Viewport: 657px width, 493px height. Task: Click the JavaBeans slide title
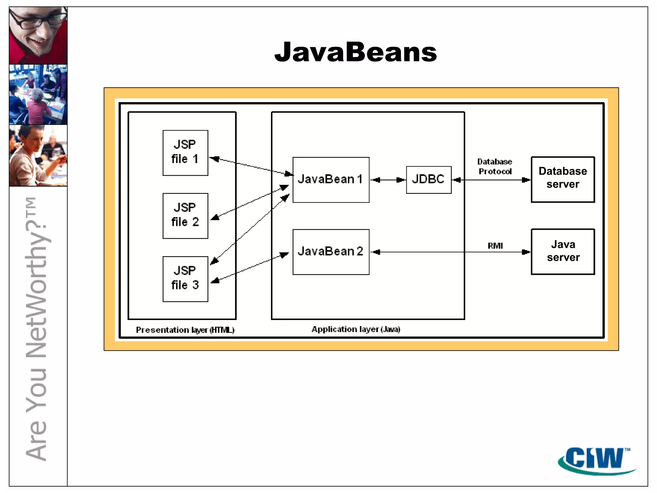(355, 52)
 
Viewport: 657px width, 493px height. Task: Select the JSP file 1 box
(185, 152)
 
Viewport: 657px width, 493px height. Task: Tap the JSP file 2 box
(185, 215)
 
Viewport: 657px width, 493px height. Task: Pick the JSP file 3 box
(185, 279)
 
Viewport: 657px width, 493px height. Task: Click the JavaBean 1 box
(331, 179)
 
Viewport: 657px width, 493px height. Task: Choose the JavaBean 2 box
(331, 252)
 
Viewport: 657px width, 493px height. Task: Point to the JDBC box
(429, 179)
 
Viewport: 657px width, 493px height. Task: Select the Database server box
(563, 179)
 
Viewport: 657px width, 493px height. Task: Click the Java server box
(563, 251)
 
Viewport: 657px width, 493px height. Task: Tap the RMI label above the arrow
(495, 246)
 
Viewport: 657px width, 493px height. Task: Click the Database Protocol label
(495, 167)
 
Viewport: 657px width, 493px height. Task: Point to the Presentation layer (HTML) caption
(185, 330)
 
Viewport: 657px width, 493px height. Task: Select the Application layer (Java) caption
(356, 329)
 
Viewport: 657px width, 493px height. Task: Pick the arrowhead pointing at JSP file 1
(214, 159)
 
